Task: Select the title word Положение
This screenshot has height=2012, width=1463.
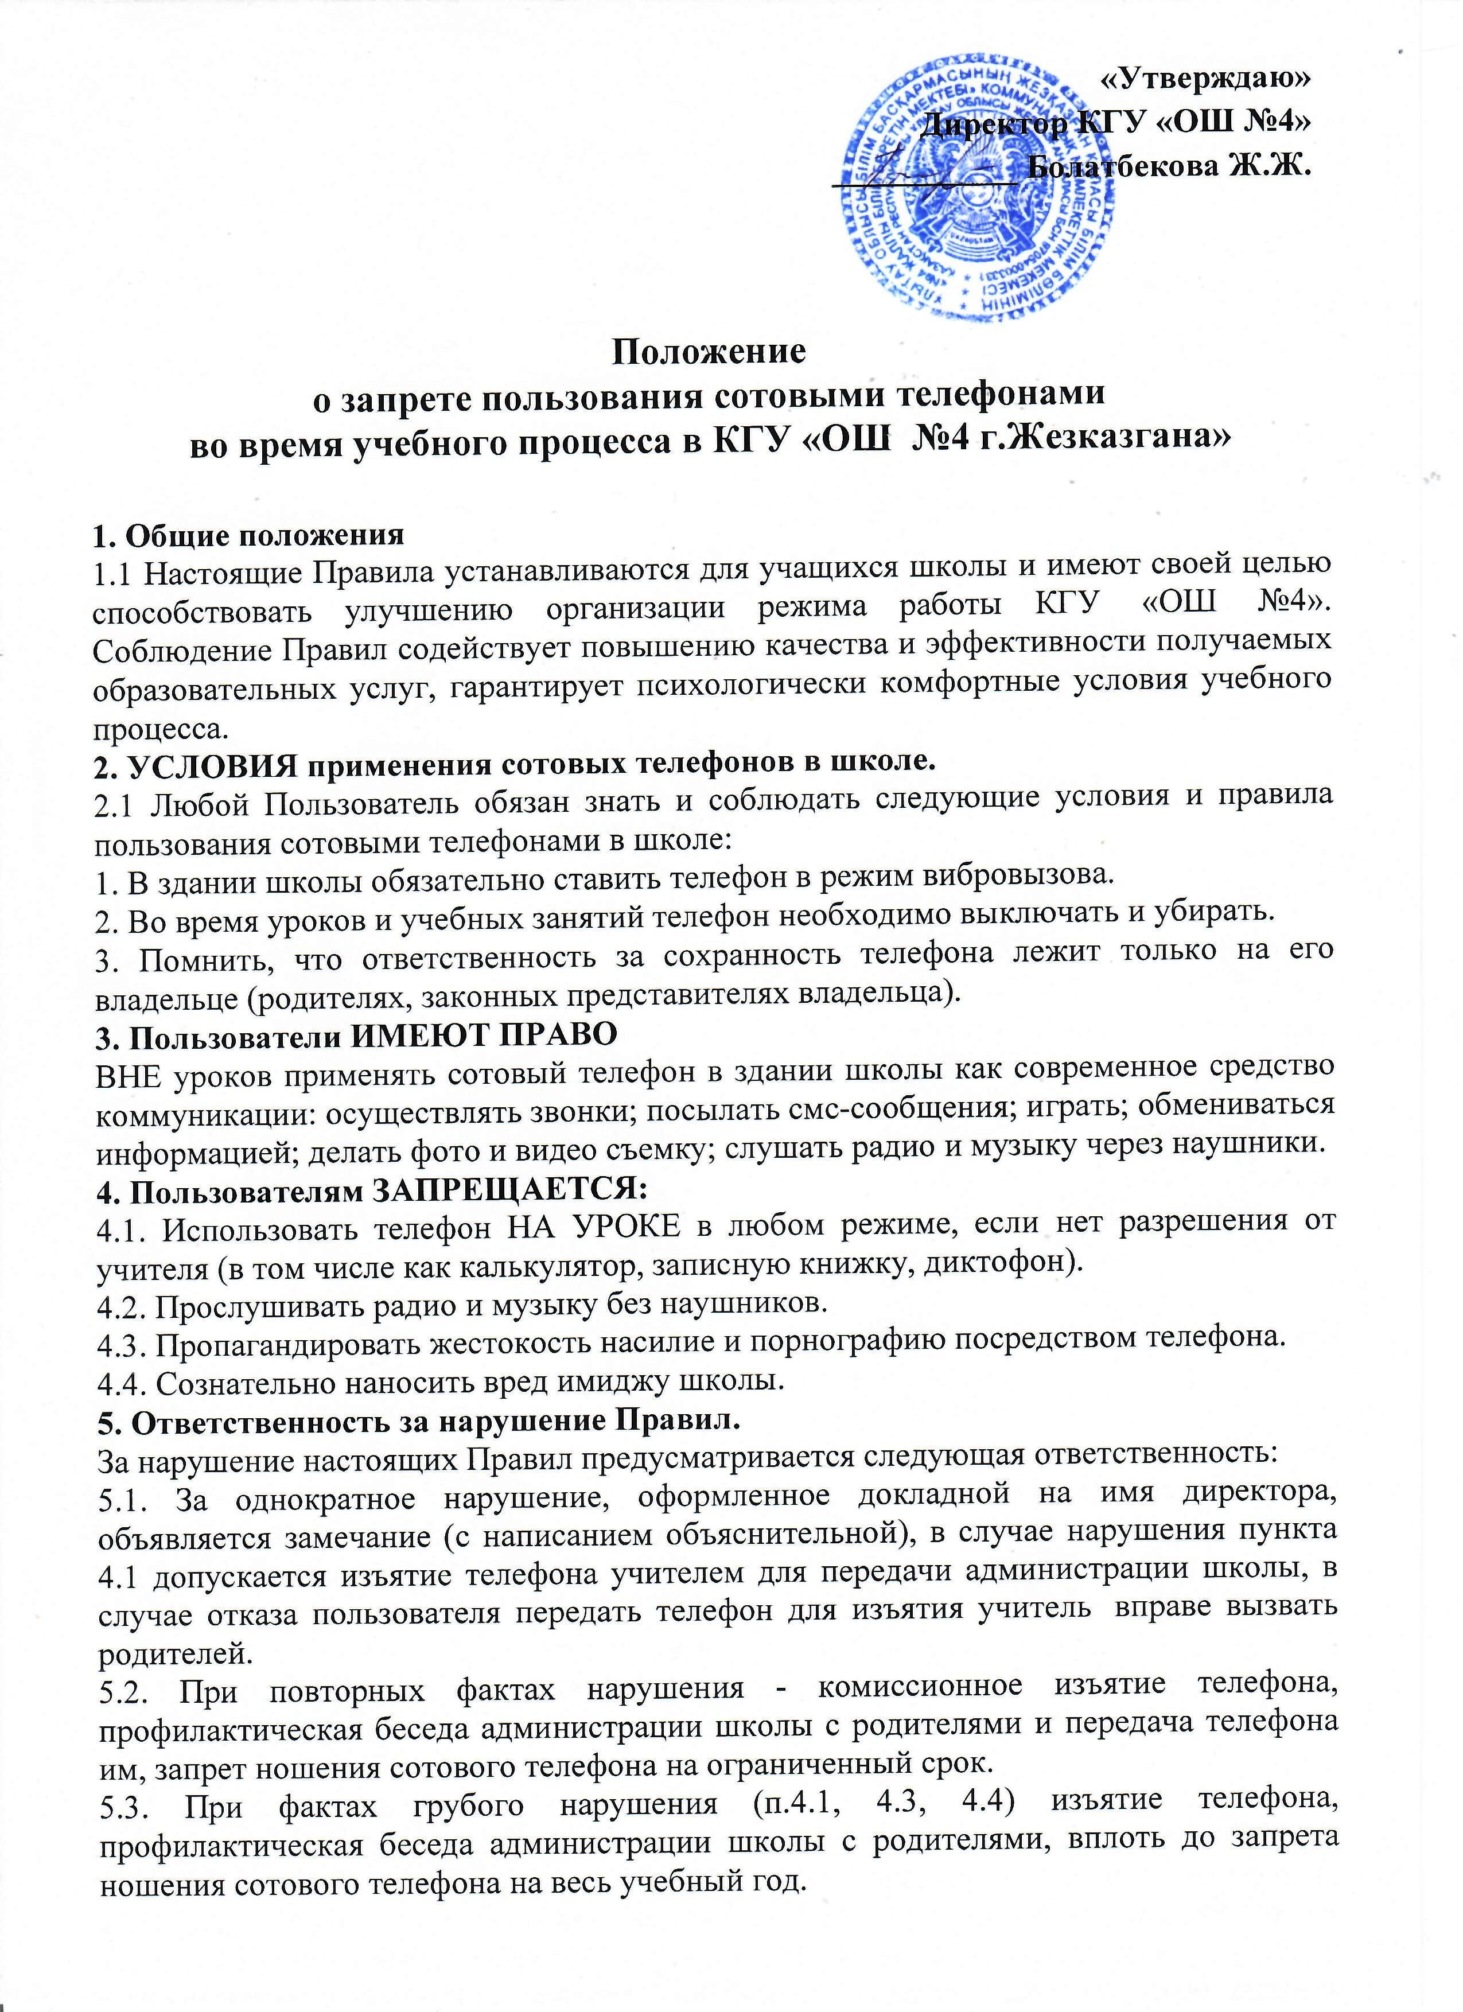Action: click(710, 352)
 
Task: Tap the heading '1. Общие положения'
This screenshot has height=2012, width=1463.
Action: click(248, 534)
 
